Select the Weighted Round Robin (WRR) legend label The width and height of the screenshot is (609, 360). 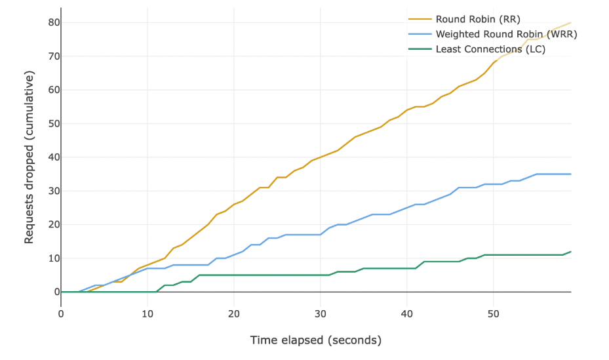click(505, 34)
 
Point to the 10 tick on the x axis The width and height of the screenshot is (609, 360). click(147, 314)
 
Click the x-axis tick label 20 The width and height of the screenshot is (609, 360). click(234, 314)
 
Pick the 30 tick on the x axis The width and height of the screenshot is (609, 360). click(321, 314)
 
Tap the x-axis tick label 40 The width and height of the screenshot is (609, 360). click(407, 314)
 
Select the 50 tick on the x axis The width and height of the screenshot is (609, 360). click(493, 314)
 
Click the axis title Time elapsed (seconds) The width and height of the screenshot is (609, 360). click(315, 340)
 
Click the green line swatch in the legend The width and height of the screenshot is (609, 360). click(420, 49)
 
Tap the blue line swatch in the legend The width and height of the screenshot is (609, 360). click(420, 34)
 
